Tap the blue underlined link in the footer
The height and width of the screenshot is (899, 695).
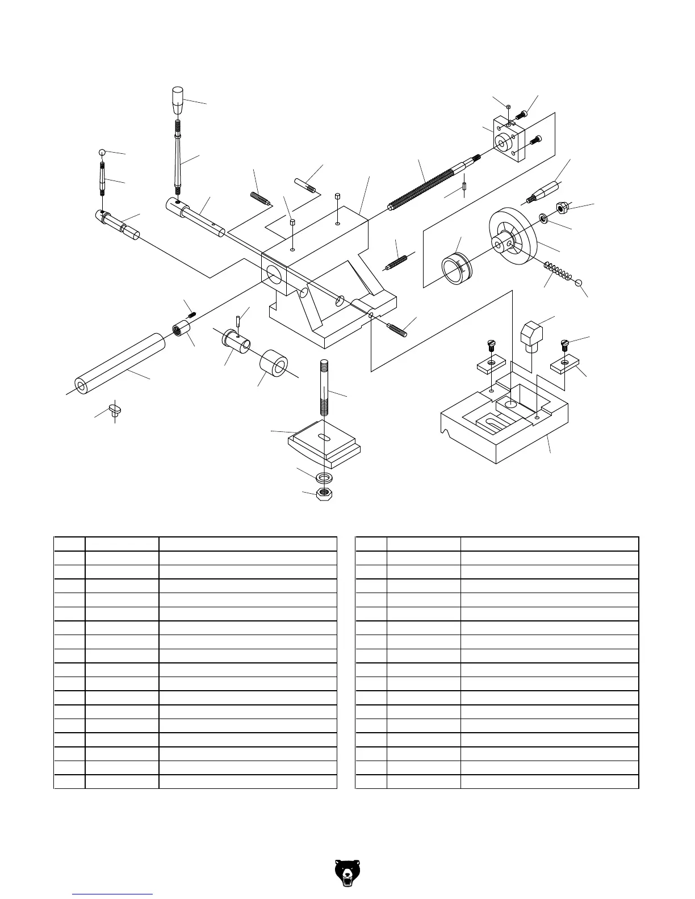click(x=113, y=894)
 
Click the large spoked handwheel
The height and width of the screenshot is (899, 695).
click(x=513, y=238)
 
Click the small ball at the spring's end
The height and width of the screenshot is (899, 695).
click(x=579, y=283)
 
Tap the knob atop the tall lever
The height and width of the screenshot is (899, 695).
click(x=178, y=100)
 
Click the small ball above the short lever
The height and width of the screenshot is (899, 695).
click(x=102, y=153)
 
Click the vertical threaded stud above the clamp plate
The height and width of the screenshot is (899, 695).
click(x=324, y=386)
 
